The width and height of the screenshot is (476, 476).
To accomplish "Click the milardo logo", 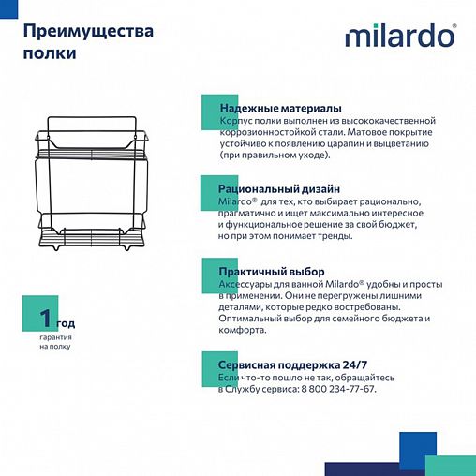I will [400, 37].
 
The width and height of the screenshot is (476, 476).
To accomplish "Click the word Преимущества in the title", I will [87, 31].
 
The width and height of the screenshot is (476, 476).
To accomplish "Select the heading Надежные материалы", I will [279, 108].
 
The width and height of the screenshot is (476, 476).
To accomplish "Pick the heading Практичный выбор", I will [267, 270].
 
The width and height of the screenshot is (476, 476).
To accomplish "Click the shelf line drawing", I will [97, 187].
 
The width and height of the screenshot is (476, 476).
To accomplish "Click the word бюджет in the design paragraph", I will [386, 224].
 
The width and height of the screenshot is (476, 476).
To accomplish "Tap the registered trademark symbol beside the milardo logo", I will [456, 28].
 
